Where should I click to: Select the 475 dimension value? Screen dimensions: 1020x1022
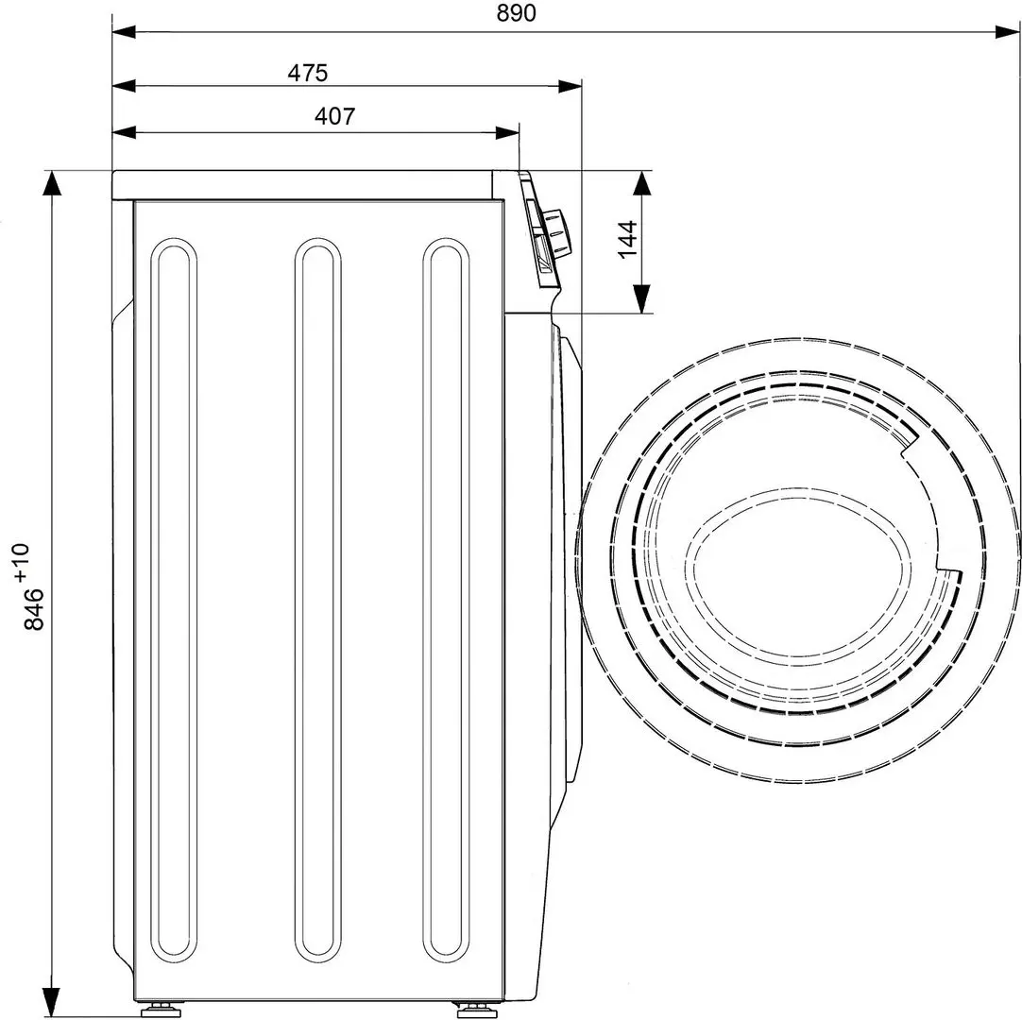[308, 72]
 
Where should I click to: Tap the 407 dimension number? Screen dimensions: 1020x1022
[335, 116]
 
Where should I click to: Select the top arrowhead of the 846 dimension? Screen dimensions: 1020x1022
[50, 185]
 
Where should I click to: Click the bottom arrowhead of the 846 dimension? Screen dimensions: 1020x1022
[50, 1001]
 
